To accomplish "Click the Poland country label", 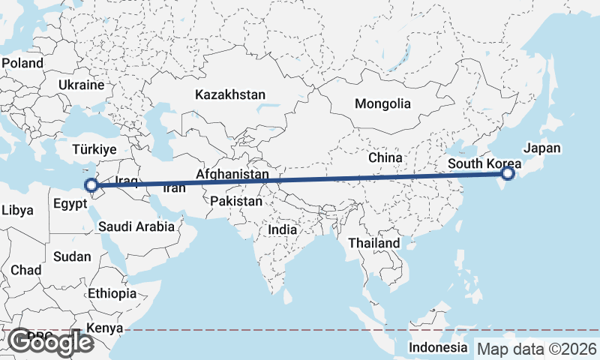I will point(22,63).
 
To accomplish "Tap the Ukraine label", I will point(81,85).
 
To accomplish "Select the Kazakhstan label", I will point(230,95).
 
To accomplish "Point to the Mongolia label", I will point(383,103).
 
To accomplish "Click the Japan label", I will point(541,148).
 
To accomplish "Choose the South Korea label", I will point(484,163).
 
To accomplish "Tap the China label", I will point(385,158).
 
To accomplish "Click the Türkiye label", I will point(94,149).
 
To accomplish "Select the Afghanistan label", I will point(232,175).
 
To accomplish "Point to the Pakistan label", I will point(236,201).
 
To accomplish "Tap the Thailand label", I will point(374,244).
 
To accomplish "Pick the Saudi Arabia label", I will point(136,226).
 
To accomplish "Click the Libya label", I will point(17,211).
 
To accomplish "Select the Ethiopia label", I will point(112,293).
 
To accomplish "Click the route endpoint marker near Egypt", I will point(91,185).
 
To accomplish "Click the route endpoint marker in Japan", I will point(508,174).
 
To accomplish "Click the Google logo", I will point(50,342).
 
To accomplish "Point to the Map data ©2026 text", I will point(537,349).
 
